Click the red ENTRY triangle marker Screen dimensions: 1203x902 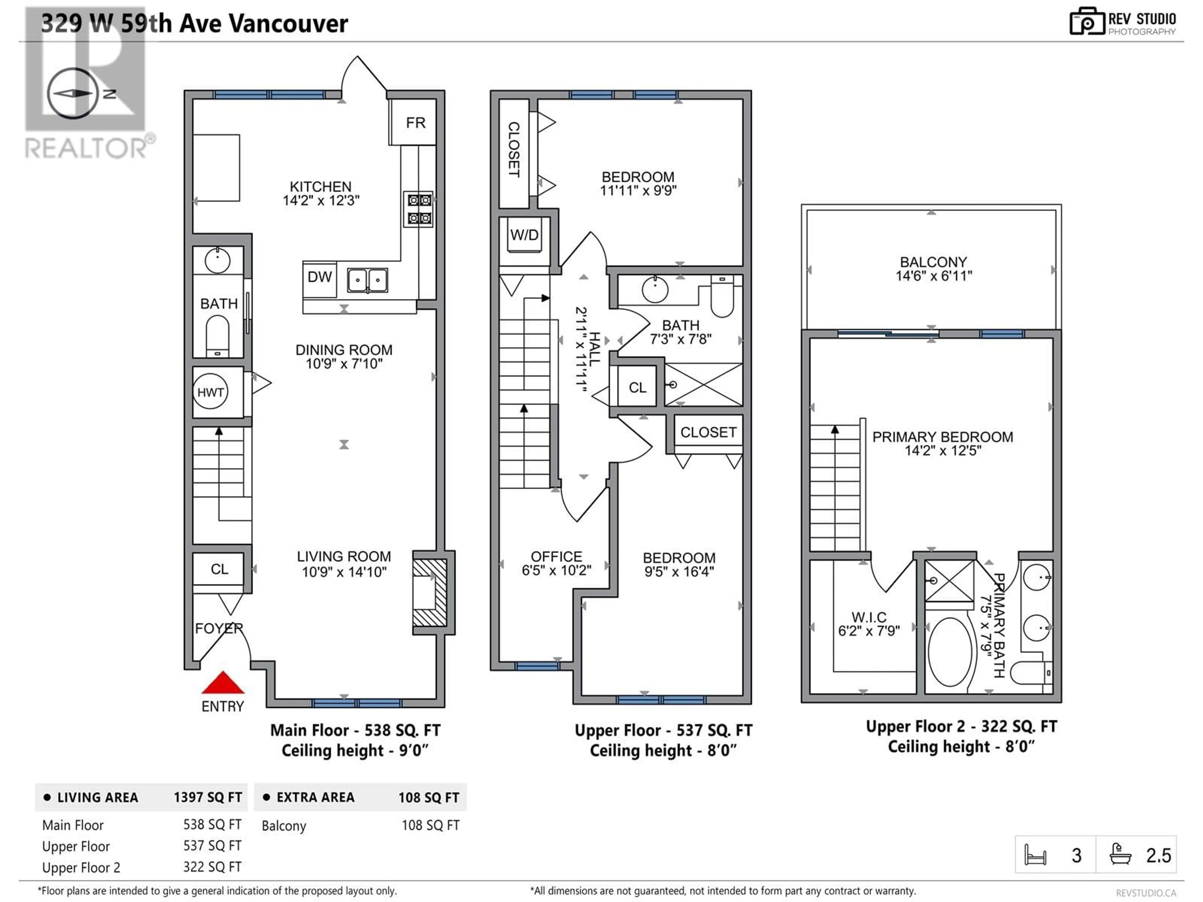[223, 683]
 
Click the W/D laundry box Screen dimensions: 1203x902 [524, 235]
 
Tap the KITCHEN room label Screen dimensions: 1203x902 [321, 186]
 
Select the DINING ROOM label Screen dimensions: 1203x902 [344, 350]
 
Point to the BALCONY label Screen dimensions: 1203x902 [933, 262]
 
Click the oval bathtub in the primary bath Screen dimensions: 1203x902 [950, 651]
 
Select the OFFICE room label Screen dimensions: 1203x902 [556, 556]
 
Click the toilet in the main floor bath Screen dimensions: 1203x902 [217, 337]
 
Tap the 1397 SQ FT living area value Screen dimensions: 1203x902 [208, 797]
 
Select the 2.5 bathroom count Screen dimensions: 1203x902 [1159, 855]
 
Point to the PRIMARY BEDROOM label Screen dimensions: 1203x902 [942, 437]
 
